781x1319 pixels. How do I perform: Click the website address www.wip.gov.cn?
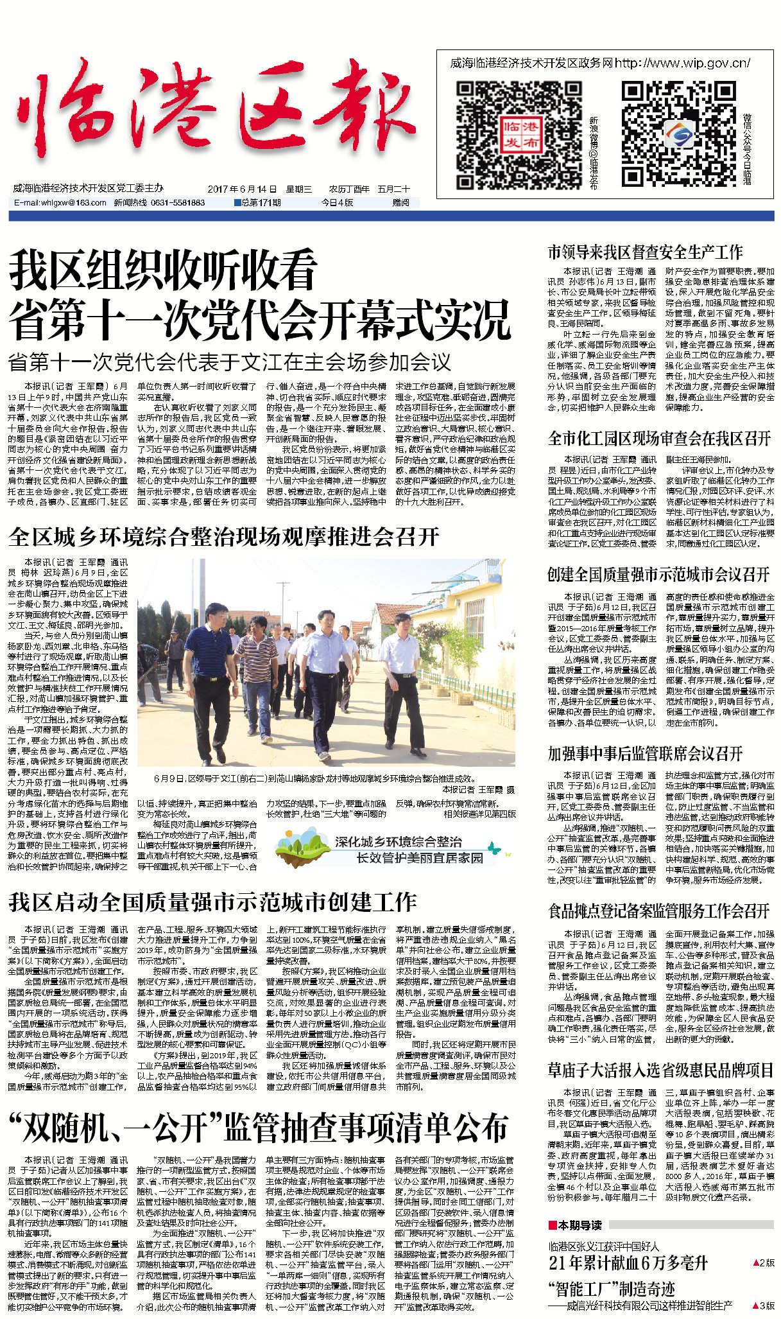pos(683,63)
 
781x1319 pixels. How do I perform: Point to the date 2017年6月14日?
pos(242,189)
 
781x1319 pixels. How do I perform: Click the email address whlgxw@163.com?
pos(60,202)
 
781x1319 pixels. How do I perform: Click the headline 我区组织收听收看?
pos(164,270)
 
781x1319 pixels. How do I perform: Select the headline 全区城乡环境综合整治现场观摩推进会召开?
pos(225,537)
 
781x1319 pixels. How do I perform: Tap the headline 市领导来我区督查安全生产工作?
pos(645,252)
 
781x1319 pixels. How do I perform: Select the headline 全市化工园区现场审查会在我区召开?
pos(659,439)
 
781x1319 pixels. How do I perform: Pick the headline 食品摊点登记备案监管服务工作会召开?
pos(659,911)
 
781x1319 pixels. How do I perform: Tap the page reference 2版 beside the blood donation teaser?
pos(764,1262)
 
